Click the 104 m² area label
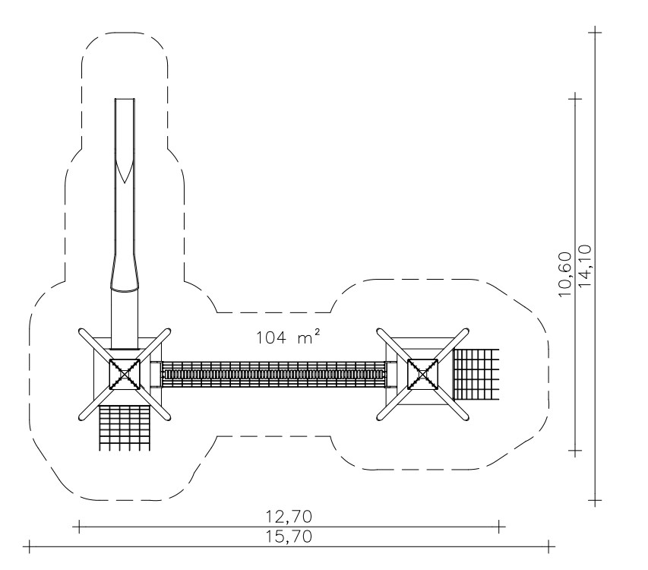(288, 337)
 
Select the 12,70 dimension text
(289, 516)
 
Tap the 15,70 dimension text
(289, 537)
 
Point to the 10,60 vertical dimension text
(564, 274)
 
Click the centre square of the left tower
(125, 375)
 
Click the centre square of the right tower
(423, 375)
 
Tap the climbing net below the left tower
(124, 428)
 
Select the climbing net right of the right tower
(476, 375)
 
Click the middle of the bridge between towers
(273, 375)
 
